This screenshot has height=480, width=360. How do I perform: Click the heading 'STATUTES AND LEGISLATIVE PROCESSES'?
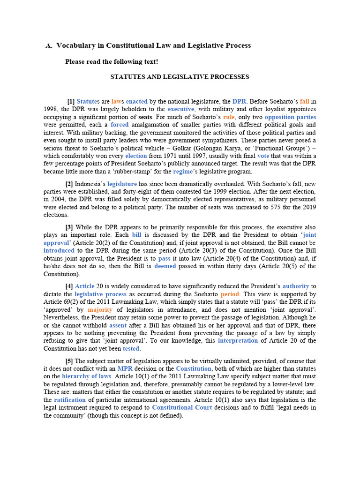pos(180,76)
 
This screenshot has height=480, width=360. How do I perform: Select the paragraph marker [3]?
pos(69,227)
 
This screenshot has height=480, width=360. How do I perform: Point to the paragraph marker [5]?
pos(69,361)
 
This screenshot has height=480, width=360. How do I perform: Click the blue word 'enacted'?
pos(136,101)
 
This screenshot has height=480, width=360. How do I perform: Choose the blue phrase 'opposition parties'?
pos(290,117)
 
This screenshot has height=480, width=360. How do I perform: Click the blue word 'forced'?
pos(119,125)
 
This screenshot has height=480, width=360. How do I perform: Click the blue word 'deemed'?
pos(165,266)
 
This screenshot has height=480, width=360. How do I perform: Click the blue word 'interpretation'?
pos(238,341)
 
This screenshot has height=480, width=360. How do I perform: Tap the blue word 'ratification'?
pos(70,400)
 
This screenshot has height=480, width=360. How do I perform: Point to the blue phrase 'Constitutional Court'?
pos(182,407)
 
